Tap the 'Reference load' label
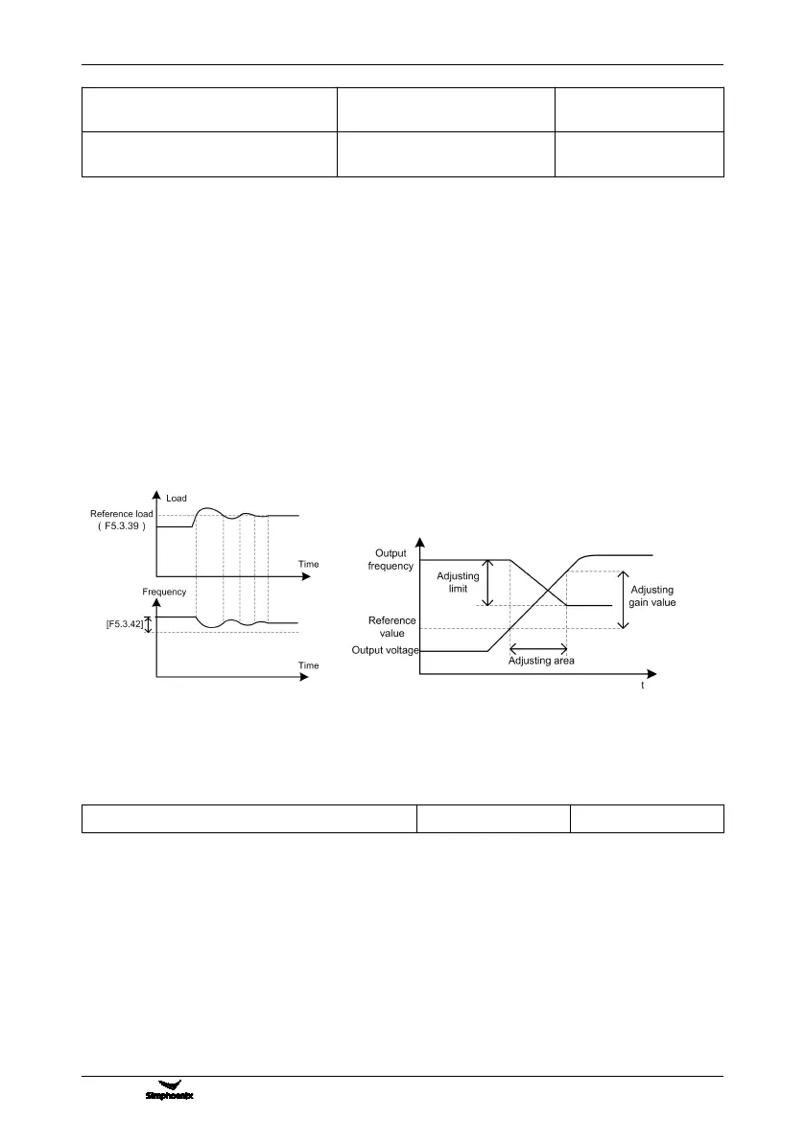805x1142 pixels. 121,514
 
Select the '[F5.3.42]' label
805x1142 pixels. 123,625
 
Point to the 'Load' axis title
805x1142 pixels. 177,499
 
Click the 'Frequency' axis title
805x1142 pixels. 164,592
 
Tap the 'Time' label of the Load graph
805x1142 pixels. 308,564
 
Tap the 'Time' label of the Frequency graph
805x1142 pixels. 308,664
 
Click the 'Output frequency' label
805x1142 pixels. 391,560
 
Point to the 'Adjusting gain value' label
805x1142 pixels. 652,595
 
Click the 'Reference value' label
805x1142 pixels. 392,627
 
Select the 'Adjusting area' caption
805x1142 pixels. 541,661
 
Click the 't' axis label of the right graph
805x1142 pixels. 642,687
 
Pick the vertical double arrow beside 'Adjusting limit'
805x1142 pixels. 488,582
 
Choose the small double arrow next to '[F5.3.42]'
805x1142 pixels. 148,625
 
